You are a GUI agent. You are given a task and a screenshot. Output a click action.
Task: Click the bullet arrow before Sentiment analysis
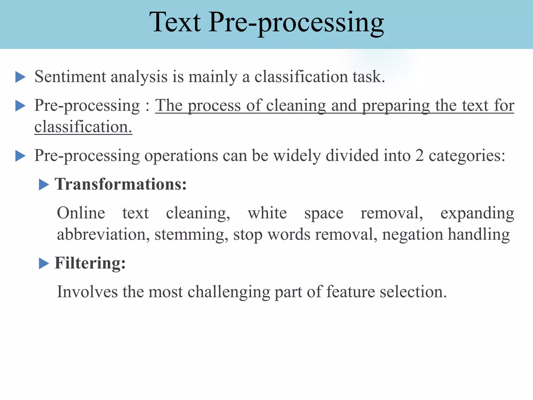pos(20,77)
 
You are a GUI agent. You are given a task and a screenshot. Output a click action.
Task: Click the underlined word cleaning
pos(296,106)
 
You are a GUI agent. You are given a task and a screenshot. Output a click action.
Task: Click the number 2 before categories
pos(419,155)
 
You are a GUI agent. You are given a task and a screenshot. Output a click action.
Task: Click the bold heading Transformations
pos(120,184)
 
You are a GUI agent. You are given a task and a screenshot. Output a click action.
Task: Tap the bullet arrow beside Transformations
pos(44,185)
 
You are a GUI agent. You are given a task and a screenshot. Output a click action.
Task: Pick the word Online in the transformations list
pos(81,213)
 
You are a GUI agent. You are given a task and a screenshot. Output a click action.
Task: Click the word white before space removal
pos(267,213)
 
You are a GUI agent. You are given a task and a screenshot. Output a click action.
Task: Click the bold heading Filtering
pos(90,263)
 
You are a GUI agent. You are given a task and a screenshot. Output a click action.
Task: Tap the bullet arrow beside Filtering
pos(44,263)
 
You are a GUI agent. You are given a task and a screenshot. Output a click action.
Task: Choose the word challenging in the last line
pos(229,292)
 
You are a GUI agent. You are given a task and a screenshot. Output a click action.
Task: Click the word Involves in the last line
pos(87,291)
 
